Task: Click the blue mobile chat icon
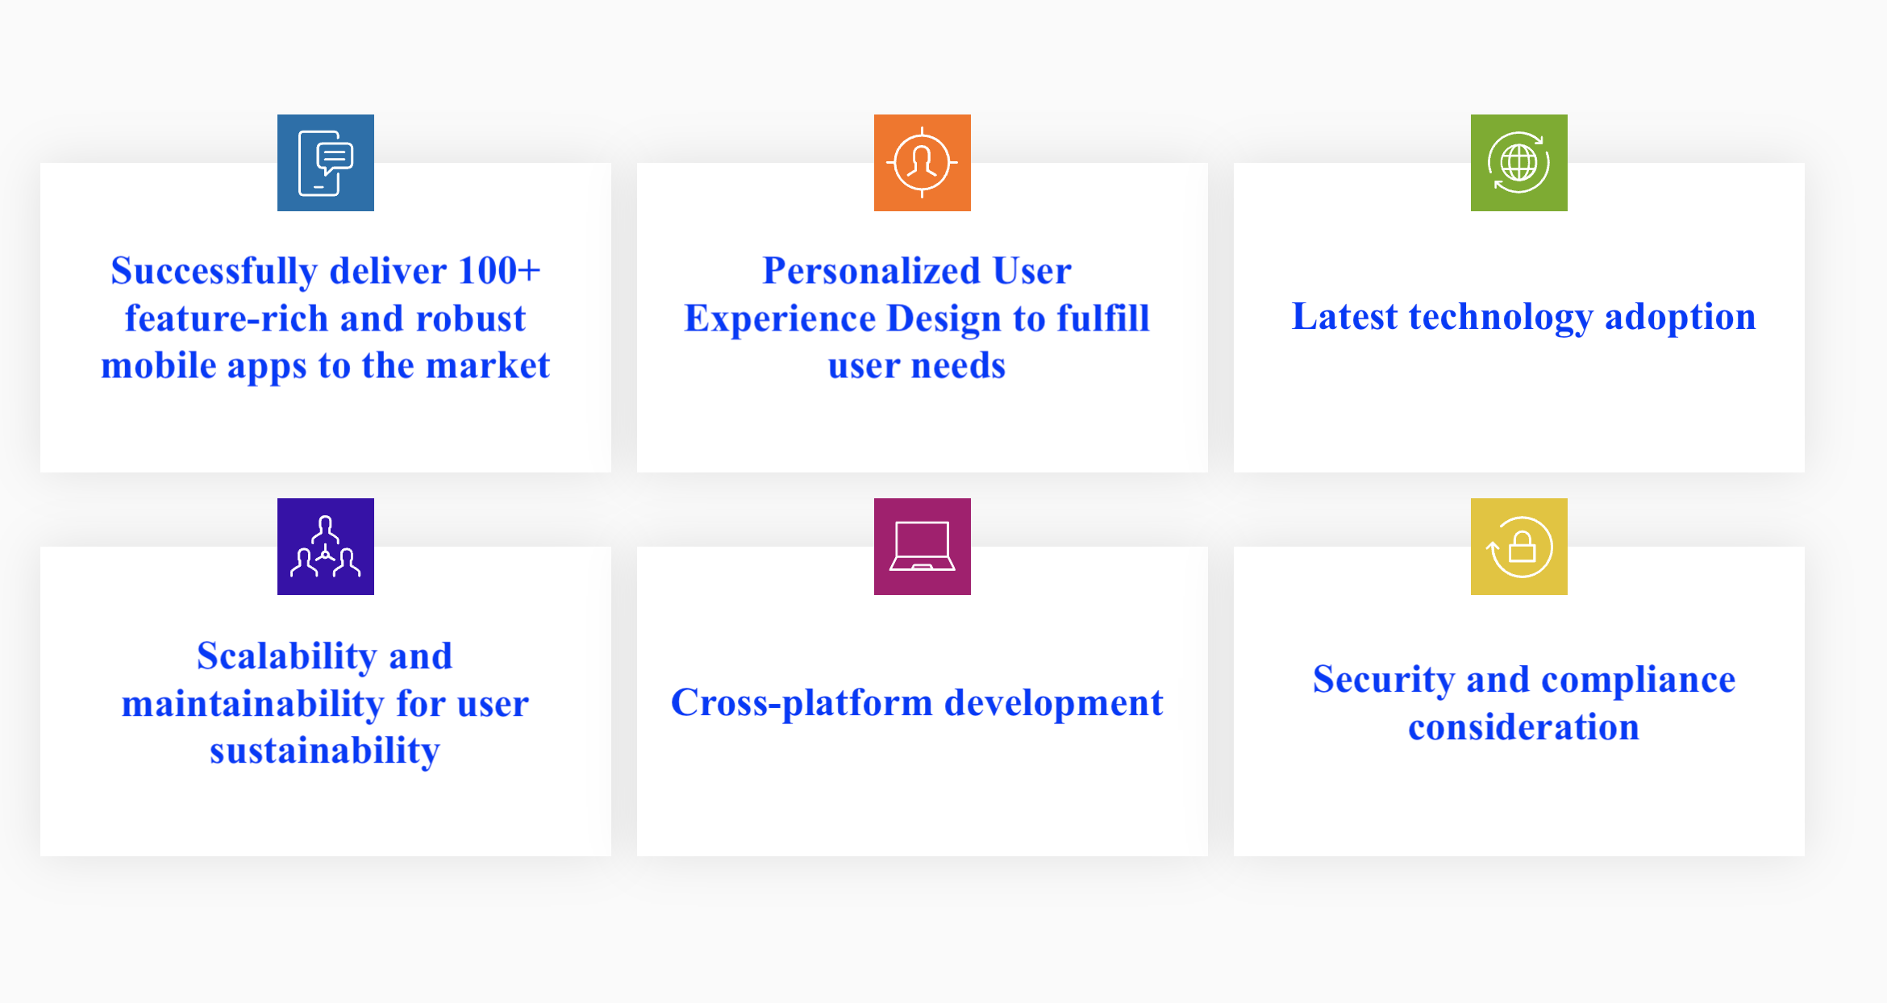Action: tap(326, 163)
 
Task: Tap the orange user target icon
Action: tap(923, 163)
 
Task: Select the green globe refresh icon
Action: tap(1519, 163)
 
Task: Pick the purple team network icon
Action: tap(326, 547)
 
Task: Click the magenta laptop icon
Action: tap(923, 547)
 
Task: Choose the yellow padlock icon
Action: tap(1519, 547)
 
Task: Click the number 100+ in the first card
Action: tap(499, 271)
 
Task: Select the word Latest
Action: tap(1344, 316)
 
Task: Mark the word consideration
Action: tap(1524, 727)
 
